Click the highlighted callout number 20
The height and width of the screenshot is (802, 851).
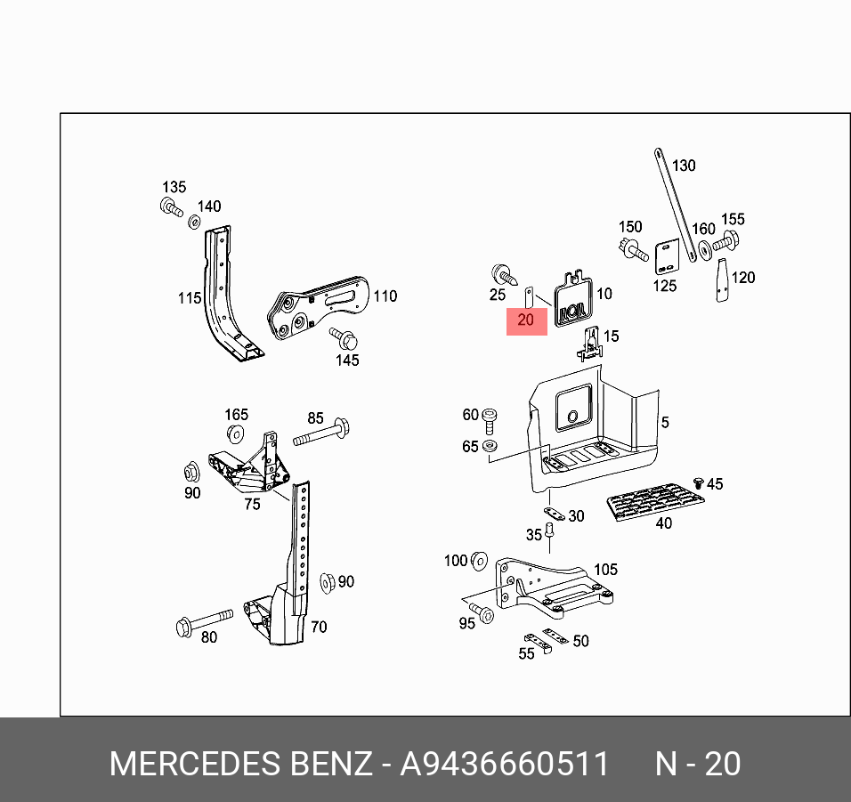pos(526,320)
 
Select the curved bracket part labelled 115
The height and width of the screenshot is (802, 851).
pos(223,294)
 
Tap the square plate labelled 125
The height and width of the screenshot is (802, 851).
pos(667,257)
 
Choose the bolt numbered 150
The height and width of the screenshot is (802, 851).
pos(633,248)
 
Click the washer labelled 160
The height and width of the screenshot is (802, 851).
pos(704,250)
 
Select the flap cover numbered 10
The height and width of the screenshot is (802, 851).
pos(571,301)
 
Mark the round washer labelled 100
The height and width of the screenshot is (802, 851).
pos(478,560)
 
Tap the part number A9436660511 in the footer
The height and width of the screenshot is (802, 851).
pos(505,765)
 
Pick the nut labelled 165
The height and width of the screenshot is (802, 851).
pos(236,433)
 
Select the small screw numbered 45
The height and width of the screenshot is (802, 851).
pos(699,482)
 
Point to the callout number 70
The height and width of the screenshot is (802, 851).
pos(319,627)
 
